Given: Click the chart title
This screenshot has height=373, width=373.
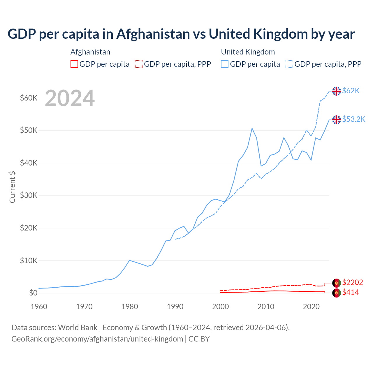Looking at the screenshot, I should click(181, 34).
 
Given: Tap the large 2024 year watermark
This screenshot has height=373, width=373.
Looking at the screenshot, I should click(70, 98).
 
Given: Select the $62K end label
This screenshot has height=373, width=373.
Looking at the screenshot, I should click(351, 91).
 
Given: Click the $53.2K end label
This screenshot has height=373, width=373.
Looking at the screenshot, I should click(353, 119).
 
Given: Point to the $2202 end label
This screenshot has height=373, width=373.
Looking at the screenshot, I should click(352, 282).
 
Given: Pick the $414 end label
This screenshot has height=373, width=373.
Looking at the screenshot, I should click(350, 293).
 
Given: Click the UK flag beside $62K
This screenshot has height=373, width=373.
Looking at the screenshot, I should click(337, 91).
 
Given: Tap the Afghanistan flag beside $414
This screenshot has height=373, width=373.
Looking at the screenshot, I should click(337, 293).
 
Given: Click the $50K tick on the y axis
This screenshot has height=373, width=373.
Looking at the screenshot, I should click(29, 130).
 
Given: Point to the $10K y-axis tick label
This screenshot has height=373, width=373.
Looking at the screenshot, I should click(29, 261).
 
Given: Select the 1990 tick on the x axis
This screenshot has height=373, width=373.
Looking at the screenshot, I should click(175, 307).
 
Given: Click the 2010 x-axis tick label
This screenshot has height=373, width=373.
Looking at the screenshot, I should click(266, 307).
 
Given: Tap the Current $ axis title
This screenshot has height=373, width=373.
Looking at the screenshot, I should click(12, 187).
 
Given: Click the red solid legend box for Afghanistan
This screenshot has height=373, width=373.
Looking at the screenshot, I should click(74, 64).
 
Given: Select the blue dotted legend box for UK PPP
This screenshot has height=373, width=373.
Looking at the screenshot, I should click(289, 64).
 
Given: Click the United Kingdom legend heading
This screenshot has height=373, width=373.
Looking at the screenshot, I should click(248, 52).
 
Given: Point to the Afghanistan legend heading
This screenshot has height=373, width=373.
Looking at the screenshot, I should click(90, 52).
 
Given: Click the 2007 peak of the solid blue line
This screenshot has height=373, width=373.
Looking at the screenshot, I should click(252, 128).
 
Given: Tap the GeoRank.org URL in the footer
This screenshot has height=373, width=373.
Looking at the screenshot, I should click(97, 339).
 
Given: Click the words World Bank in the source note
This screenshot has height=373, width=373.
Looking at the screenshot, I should click(78, 328).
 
